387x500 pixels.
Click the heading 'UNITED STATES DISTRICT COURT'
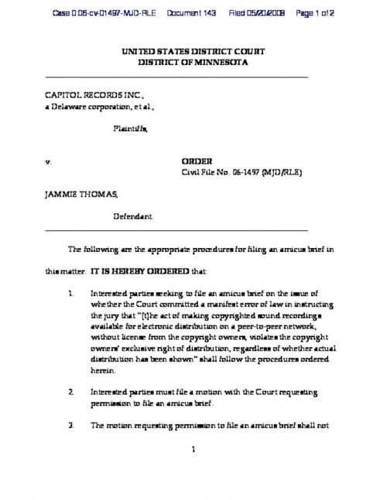(193, 51)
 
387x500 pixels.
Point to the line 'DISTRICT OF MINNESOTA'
(193, 62)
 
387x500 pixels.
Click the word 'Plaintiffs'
(132, 131)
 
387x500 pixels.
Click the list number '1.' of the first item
(70, 294)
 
